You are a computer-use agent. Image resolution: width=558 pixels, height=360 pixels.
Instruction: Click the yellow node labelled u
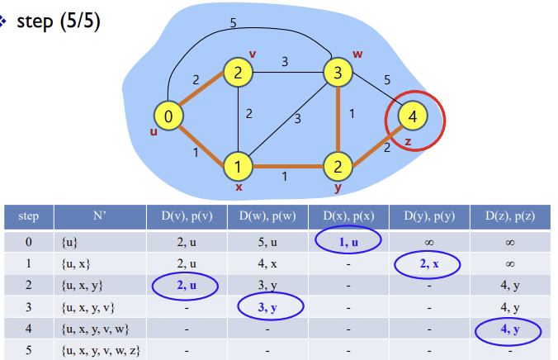pos(168,116)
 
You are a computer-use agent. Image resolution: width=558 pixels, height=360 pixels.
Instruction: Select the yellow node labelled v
pos(237,73)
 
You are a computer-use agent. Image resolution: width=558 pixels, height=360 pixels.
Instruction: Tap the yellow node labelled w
pos(337,73)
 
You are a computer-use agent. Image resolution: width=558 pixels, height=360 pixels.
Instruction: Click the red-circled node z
pos(413,116)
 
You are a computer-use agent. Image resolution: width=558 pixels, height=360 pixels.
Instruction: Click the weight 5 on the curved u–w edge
pos(233,23)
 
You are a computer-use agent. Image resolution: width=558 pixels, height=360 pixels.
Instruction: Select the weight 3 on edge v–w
pos(285,61)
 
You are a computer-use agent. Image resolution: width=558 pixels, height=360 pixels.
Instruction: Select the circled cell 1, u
pos(348,240)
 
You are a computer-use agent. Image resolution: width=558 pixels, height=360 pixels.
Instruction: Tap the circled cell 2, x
pos(427,264)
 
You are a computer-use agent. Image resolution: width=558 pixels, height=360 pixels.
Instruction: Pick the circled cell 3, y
pos(270,307)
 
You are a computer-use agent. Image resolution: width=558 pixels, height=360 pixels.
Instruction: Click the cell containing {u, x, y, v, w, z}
pos(101,350)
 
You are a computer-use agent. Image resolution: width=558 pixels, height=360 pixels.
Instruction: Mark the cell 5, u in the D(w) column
pos(265,241)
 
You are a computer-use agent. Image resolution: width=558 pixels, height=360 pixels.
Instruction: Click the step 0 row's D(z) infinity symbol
pos(509,241)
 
